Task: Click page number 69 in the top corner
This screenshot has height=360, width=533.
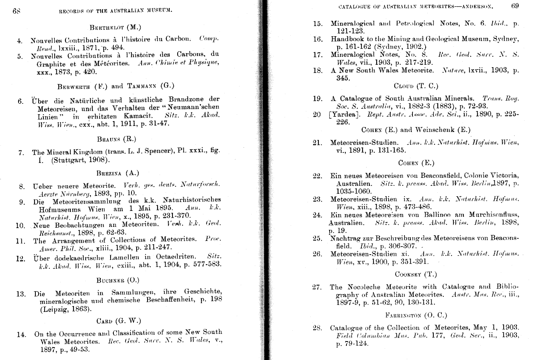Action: point(515,6)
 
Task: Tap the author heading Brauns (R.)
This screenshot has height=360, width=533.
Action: point(117,140)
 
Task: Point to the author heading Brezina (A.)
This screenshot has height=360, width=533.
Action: point(117,173)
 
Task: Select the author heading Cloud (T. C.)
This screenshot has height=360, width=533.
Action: point(416,86)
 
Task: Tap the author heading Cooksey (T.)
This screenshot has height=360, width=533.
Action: point(416,275)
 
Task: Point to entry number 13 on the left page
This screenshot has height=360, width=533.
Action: point(21,294)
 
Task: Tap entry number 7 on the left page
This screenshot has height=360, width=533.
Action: point(21,153)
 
